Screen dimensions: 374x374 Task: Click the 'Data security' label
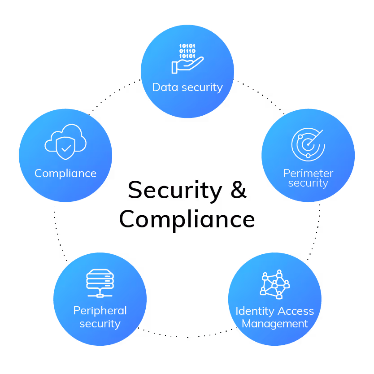187,87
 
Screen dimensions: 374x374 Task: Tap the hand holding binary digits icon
187,59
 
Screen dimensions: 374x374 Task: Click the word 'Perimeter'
308,173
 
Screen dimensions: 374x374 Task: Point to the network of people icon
274,284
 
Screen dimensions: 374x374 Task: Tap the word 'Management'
275,323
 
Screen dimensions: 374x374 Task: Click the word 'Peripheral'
100,311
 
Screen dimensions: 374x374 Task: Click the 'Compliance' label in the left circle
65,174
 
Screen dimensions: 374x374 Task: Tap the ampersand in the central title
239,190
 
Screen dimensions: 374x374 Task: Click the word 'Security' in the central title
175,190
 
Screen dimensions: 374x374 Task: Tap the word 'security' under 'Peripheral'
100,323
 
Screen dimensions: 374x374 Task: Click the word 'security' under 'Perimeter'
308,183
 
